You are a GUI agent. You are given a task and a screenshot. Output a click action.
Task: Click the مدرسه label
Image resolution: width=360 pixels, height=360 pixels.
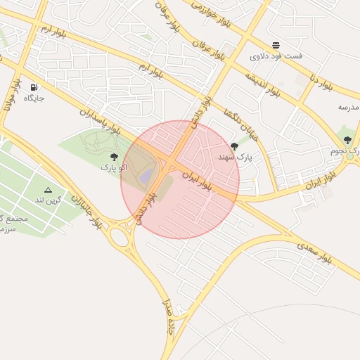(x=348, y=107)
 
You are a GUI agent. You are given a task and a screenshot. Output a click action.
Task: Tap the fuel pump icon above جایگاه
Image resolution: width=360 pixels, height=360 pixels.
(x=34, y=88)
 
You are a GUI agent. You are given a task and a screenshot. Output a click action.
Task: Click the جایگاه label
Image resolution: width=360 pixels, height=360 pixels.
(x=34, y=98)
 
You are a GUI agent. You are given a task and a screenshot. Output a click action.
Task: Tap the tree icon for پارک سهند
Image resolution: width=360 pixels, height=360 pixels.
(x=234, y=146)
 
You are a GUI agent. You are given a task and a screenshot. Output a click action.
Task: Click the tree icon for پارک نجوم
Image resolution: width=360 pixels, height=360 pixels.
(x=347, y=140)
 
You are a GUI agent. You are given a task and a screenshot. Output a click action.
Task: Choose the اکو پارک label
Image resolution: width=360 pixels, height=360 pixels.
(x=113, y=167)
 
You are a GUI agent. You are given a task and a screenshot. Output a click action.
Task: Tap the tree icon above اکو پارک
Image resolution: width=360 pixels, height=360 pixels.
(x=114, y=157)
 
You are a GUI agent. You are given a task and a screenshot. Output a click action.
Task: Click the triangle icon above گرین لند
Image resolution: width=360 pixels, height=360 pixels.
(x=48, y=190)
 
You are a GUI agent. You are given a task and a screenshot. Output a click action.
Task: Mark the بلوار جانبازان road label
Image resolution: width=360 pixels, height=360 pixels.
(x=103, y=210)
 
